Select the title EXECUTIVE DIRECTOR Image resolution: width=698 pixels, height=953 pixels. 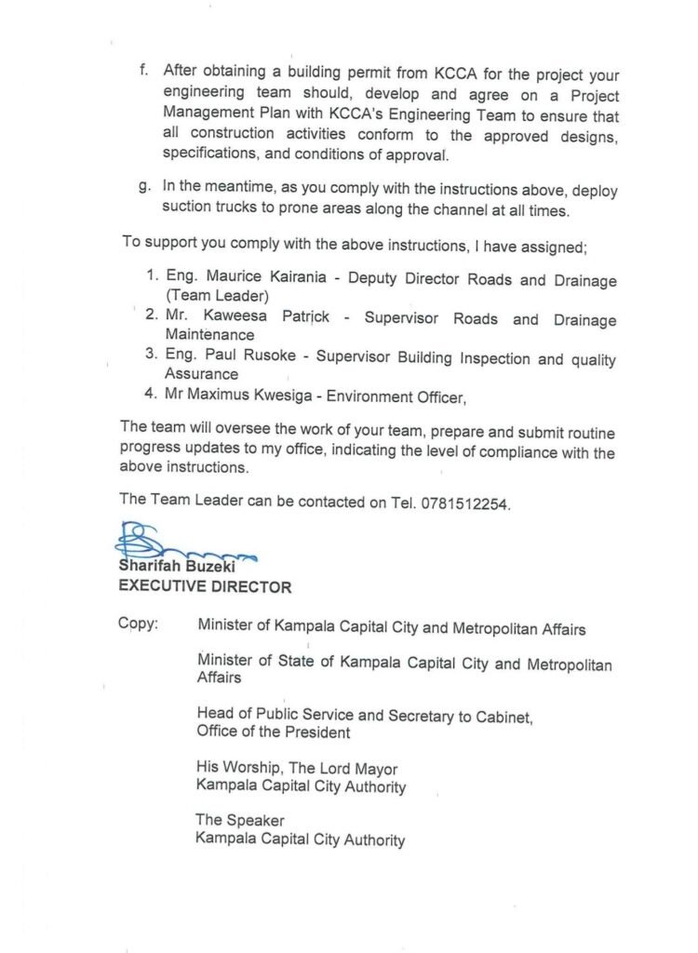coord(204,587)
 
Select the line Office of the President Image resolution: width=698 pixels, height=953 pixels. coord(273,732)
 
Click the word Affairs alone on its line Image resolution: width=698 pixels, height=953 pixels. coord(219,679)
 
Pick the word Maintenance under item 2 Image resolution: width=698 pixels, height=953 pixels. coord(209,335)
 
